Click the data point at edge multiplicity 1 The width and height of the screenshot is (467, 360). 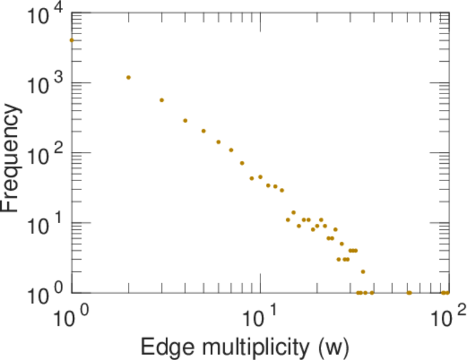[72, 40]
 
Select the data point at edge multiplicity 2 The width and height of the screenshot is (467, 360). [128, 77]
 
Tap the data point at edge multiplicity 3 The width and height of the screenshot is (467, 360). [161, 100]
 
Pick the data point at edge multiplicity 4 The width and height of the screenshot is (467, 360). [185, 121]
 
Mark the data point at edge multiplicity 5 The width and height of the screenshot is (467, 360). [203, 131]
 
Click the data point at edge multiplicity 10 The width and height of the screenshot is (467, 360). [261, 177]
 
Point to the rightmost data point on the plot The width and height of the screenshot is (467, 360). [448, 293]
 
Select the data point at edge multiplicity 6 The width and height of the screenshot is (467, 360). [218, 142]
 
